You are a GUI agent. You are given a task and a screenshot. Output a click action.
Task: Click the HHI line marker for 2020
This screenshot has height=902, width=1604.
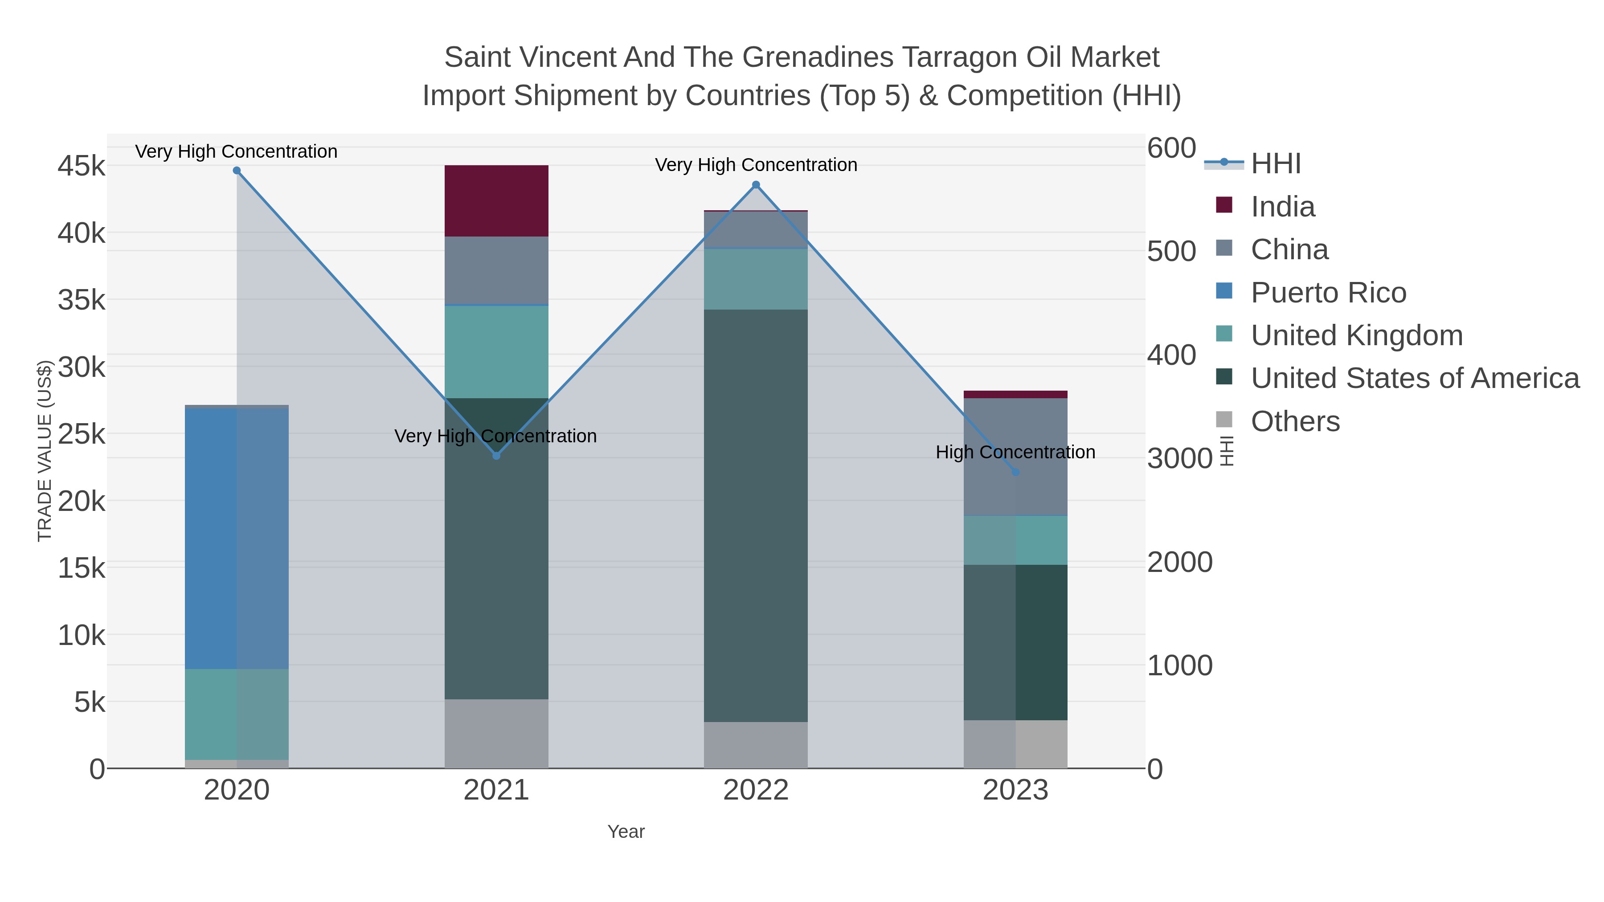coord(237,171)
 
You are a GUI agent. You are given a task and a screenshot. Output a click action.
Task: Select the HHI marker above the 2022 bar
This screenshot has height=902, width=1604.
coord(756,185)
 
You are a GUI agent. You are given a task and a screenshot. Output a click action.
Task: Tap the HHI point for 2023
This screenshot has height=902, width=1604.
coord(1015,473)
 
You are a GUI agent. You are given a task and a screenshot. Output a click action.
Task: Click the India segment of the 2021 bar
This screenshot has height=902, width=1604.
coord(496,200)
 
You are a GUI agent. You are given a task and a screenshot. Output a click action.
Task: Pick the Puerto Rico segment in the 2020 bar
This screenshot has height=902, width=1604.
coord(237,539)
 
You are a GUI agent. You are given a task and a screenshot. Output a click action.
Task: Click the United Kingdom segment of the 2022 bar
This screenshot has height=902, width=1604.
coord(756,279)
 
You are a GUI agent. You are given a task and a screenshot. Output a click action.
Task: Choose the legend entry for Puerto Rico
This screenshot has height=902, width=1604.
coord(1328,293)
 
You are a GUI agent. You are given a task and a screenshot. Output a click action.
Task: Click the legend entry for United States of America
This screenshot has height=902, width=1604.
coord(1415,379)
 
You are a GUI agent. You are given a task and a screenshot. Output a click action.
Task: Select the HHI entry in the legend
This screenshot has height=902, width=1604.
coord(1275,164)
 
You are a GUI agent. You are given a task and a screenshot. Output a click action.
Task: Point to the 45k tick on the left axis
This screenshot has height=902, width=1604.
coord(82,166)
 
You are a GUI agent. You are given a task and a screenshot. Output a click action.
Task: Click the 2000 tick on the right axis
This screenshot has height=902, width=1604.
coord(1179,562)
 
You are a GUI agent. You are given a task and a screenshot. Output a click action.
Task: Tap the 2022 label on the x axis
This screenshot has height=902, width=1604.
coord(756,791)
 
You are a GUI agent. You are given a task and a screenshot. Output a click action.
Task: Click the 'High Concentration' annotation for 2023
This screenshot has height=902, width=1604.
coord(1015,452)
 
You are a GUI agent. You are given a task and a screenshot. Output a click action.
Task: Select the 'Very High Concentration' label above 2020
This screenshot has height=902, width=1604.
coord(236,151)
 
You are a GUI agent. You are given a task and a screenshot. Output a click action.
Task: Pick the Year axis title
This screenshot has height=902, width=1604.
coord(626,832)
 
